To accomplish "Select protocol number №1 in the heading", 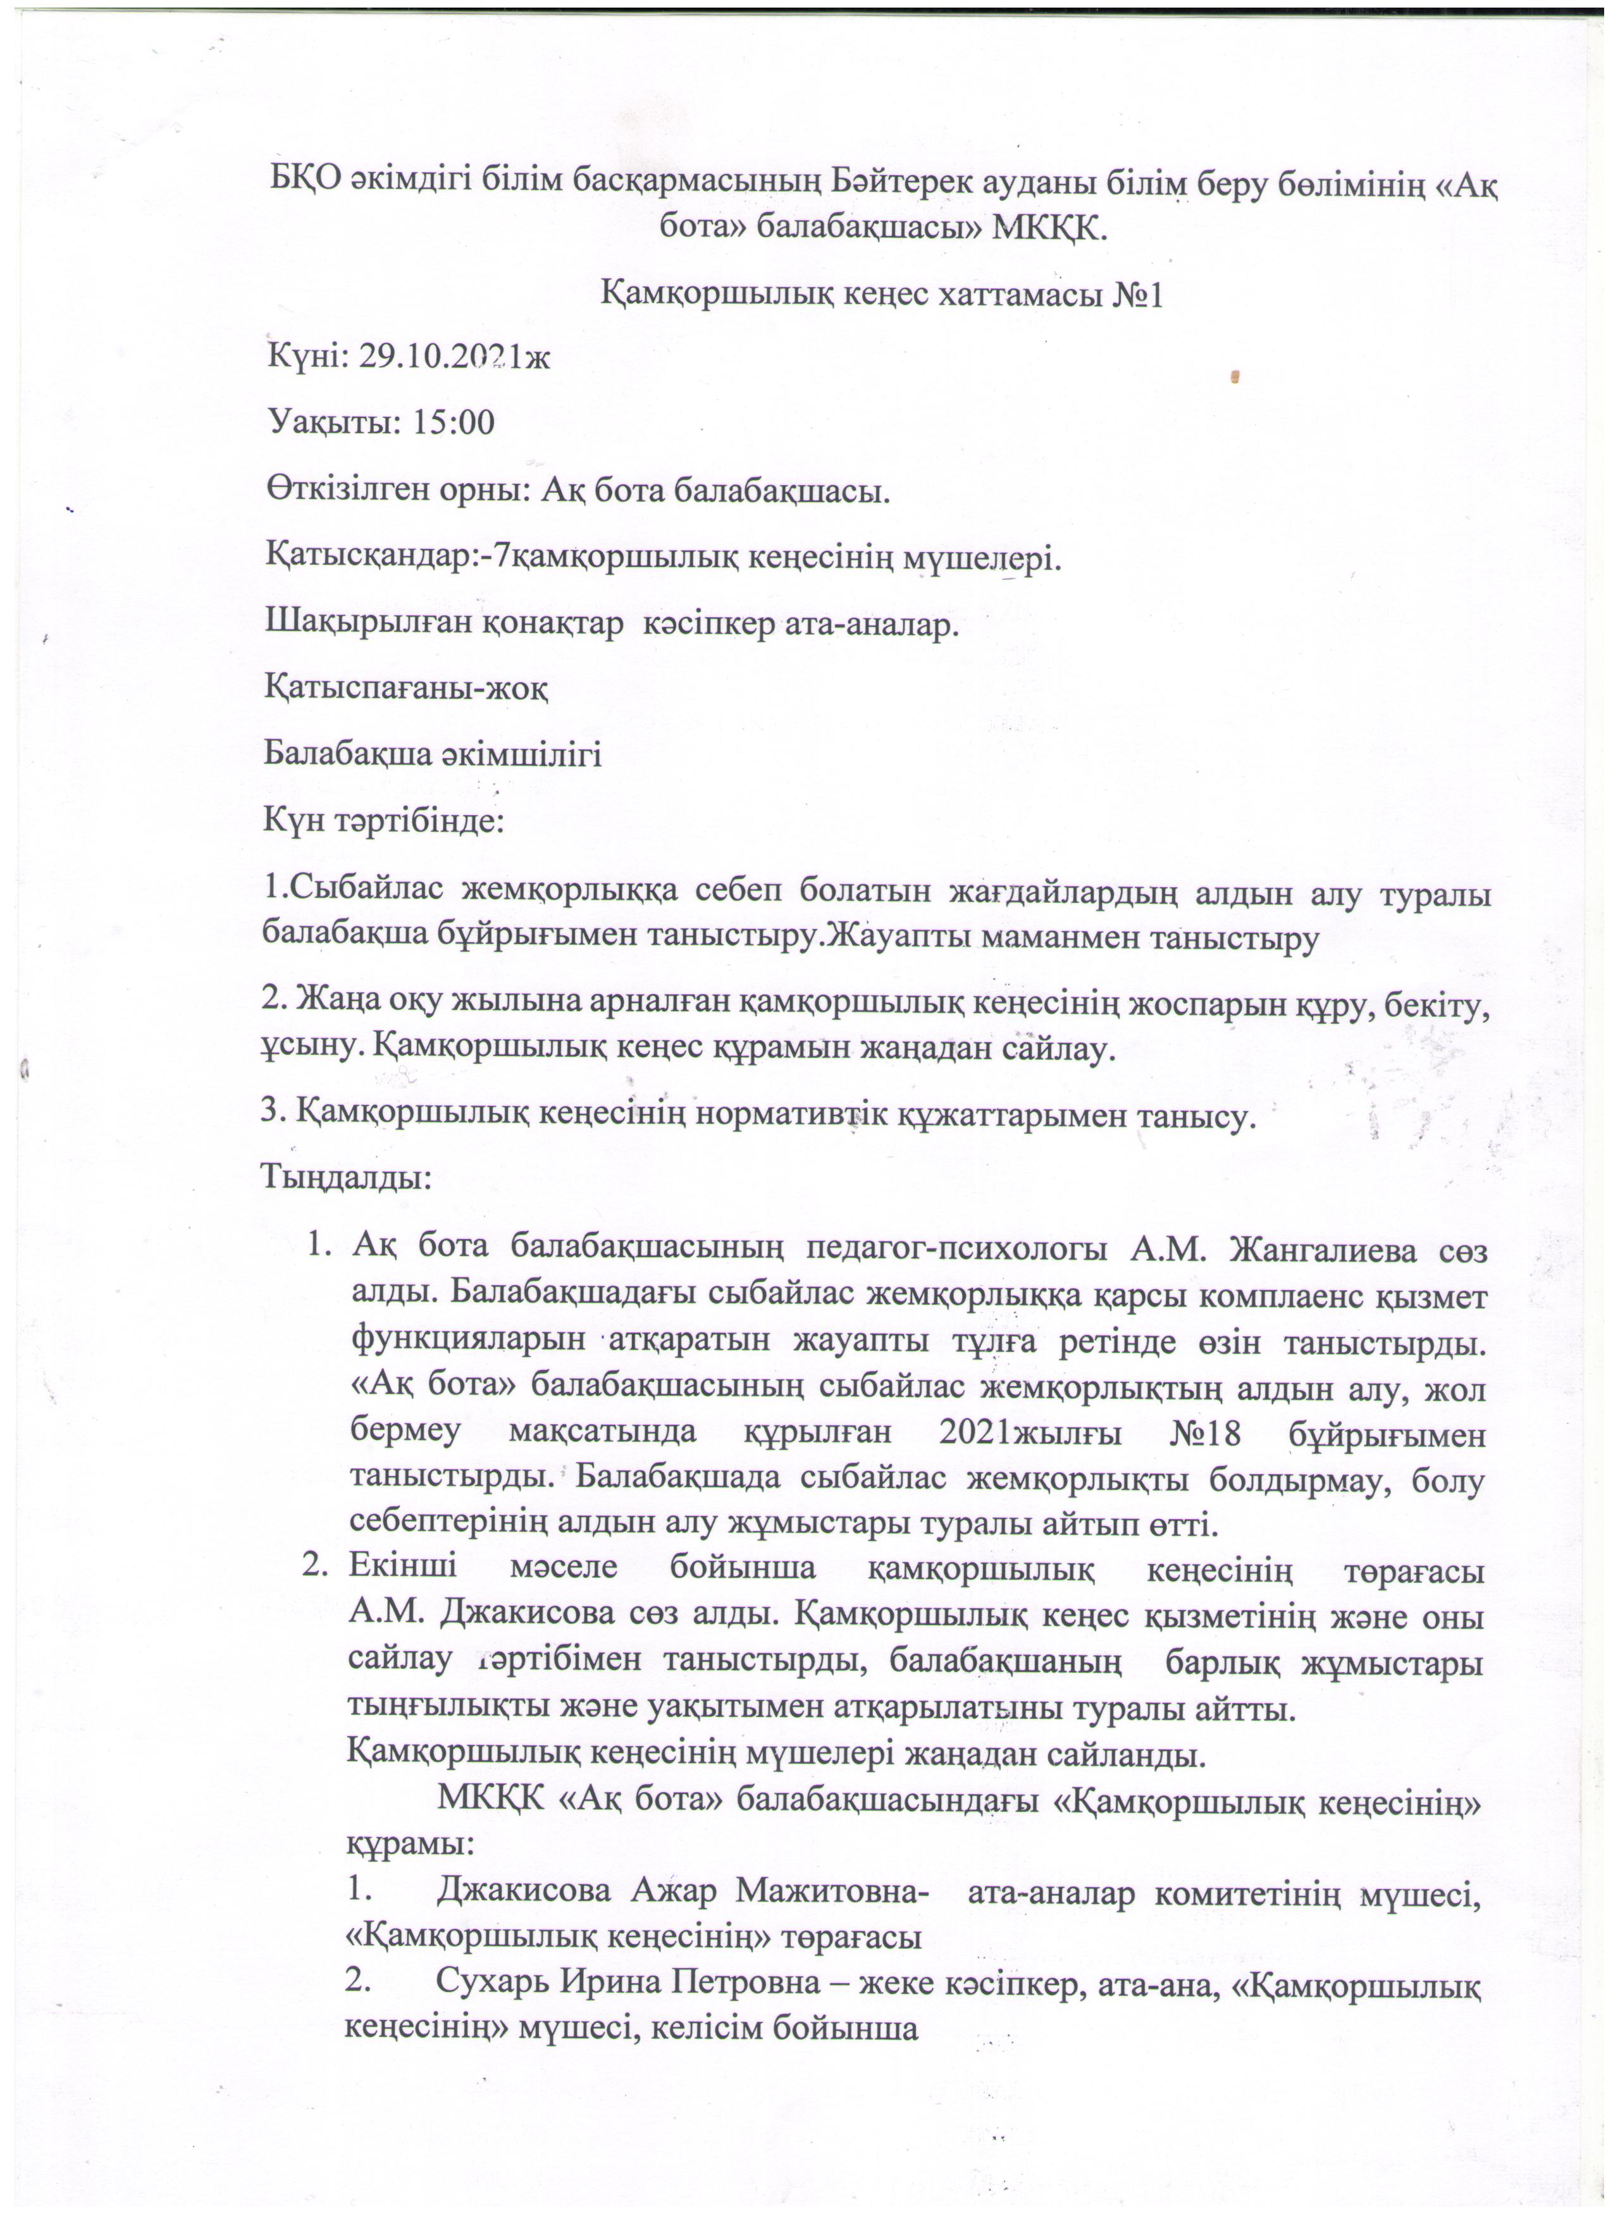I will pos(1137,295).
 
